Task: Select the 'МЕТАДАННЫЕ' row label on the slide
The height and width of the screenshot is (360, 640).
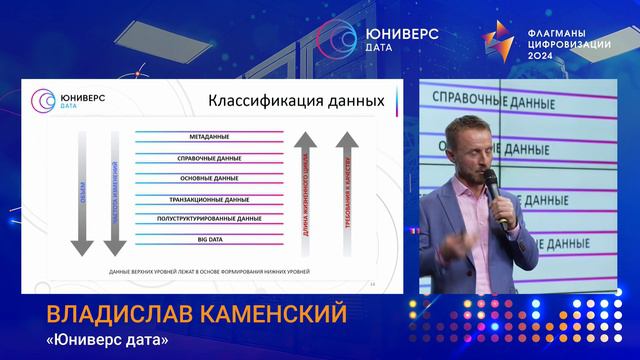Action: click(x=209, y=136)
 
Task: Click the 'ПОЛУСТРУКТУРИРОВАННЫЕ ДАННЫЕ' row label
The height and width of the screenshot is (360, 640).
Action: click(x=209, y=218)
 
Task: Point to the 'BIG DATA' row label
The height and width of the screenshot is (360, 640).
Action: click(x=209, y=239)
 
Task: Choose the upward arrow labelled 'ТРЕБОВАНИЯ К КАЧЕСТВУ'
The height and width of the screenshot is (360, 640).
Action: click(x=346, y=190)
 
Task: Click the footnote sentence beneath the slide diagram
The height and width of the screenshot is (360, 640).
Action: click(x=209, y=272)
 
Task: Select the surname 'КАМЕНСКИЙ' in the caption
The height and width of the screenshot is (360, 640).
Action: click(x=274, y=316)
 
